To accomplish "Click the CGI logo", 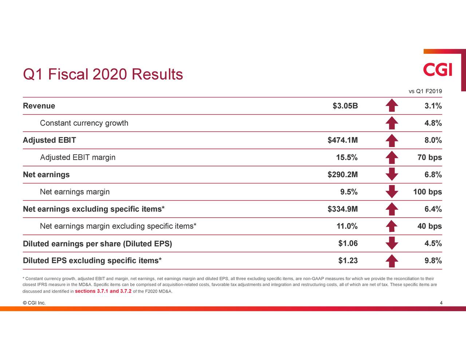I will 438,70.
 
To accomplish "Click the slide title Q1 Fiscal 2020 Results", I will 103,75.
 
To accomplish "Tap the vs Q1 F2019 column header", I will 425,91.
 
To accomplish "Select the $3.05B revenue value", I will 345,106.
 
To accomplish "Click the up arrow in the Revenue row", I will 391,106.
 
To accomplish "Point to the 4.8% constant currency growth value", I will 433,123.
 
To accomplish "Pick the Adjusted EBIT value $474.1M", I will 342,140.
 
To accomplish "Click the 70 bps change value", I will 429,158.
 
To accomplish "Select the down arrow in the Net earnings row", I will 391,174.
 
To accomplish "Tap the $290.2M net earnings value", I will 342,175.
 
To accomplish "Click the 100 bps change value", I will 427,192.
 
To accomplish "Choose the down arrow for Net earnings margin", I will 391,191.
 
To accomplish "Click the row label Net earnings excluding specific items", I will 94,209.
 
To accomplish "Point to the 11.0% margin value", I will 347,226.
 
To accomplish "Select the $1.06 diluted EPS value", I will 348,244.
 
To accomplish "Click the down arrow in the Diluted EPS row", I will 391,243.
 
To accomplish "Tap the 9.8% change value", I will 433,261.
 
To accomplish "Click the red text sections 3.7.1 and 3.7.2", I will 103,291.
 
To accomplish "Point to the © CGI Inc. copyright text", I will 34,303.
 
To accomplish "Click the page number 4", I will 441,303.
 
